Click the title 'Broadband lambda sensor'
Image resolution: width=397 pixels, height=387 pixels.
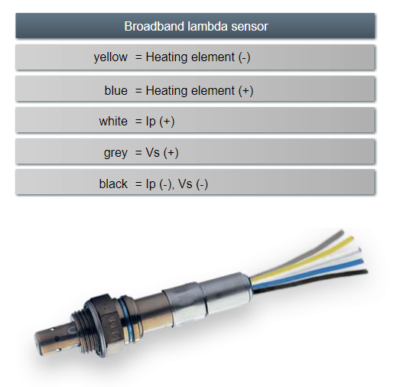[196, 26]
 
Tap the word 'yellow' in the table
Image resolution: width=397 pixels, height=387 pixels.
[111, 57]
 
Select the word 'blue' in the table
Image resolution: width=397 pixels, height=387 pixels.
[116, 90]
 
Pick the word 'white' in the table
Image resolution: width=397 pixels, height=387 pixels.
[113, 121]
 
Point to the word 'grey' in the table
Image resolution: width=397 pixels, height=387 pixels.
[116, 153]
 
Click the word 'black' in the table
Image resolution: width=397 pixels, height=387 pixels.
[113, 184]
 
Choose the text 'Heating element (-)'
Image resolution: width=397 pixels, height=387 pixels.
[198, 57]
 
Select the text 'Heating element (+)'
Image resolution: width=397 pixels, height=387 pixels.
[200, 91]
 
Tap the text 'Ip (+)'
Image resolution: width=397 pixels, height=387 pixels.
[160, 122]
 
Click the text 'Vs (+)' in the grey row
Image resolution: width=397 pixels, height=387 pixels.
[162, 153]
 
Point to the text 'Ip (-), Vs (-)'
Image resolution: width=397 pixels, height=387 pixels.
[177, 184]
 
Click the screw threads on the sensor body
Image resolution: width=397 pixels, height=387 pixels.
[82, 331]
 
